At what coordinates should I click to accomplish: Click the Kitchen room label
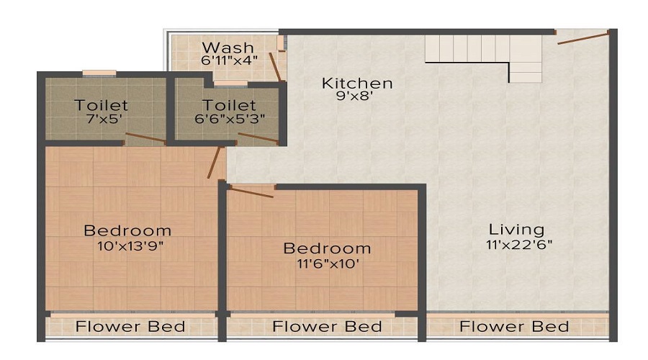tap(357, 83)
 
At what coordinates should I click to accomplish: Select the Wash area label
tap(228, 48)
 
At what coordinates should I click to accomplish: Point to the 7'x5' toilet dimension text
tap(101, 120)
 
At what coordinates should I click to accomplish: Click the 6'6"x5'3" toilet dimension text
tap(228, 120)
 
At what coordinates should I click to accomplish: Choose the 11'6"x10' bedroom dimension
tap(327, 264)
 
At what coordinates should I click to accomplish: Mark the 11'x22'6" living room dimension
tap(518, 245)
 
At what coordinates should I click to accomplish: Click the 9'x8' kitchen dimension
tap(357, 96)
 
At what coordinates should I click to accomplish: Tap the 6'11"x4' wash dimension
tap(228, 62)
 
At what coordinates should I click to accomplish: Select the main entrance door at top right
tap(583, 37)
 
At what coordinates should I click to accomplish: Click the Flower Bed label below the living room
tap(514, 327)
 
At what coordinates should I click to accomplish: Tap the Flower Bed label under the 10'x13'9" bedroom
tap(130, 327)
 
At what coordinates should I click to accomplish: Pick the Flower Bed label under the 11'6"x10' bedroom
tap(327, 327)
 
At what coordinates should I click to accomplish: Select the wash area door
tap(276, 65)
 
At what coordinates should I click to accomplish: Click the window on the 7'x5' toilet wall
tap(99, 73)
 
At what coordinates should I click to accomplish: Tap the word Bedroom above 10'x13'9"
tap(127, 231)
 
